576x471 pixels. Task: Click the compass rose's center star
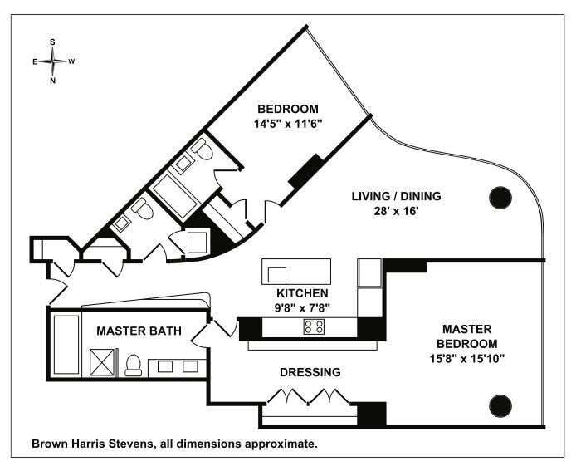pyautogui.click(x=53, y=61)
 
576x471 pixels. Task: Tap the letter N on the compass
pyautogui.click(x=53, y=81)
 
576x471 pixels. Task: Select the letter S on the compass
pyautogui.click(x=53, y=41)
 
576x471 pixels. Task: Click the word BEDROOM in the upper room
pyautogui.click(x=287, y=109)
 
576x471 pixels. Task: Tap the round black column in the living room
pyautogui.click(x=499, y=197)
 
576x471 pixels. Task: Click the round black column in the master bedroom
pyautogui.click(x=499, y=406)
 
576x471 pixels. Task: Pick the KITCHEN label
pyautogui.click(x=302, y=293)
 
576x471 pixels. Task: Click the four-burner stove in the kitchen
pyautogui.click(x=314, y=326)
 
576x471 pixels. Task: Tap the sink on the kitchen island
pyautogui.click(x=277, y=273)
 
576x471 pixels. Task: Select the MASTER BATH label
pyautogui.click(x=139, y=331)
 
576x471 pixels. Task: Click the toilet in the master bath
pyautogui.click(x=133, y=366)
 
